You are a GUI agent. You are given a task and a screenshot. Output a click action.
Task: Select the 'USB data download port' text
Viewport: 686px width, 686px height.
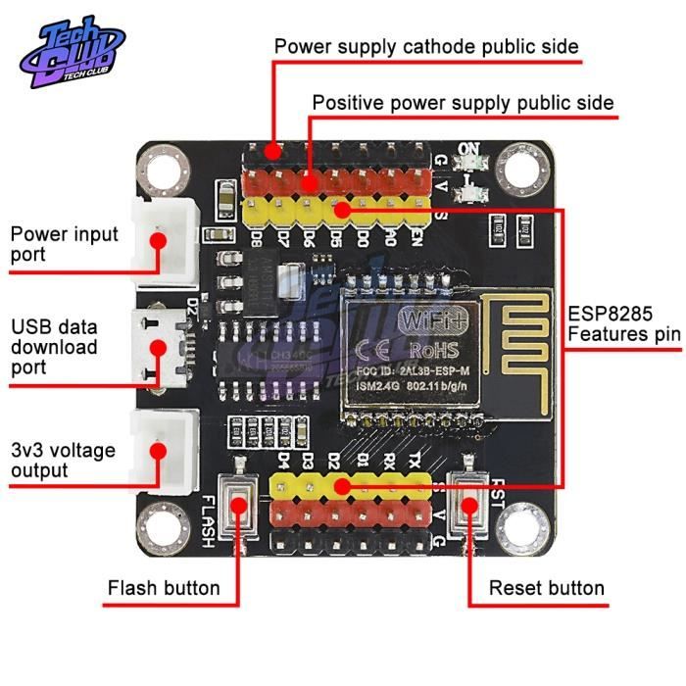(54, 347)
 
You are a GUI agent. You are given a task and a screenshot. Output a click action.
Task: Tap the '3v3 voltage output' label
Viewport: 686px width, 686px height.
(63, 460)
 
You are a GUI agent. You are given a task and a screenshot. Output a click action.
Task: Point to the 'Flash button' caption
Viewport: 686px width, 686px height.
(164, 589)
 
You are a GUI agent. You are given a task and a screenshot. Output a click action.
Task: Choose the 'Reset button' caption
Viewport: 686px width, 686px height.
(547, 589)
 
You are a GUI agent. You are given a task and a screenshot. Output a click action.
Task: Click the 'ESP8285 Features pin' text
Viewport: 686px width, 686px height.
(623, 325)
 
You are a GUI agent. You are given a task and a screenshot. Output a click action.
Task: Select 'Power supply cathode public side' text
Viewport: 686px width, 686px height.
(425, 47)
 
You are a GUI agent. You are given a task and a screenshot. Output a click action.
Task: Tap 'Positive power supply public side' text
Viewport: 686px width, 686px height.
(463, 103)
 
